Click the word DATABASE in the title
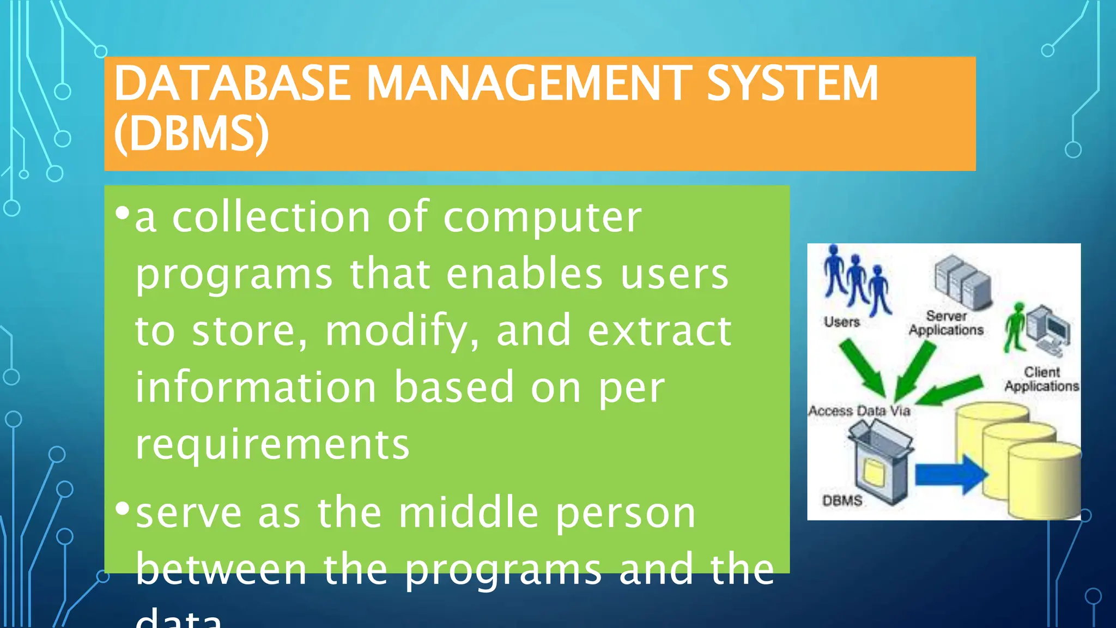point(232,83)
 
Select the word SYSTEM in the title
point(792,83)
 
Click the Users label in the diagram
point(841,322)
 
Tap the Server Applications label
point(946,323)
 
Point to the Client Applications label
point(1041,379)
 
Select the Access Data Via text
point(859,410)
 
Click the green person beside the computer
point(1015,327)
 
